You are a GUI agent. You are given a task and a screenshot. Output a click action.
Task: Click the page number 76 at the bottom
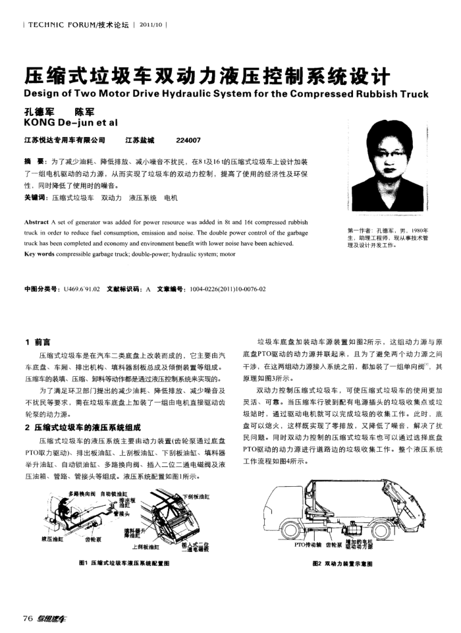pos(28,618)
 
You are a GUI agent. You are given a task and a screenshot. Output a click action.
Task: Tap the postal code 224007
pos(188,139)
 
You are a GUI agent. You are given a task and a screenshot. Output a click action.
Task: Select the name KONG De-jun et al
pos(70,122)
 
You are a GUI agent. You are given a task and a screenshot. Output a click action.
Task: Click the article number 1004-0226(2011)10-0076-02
pos(228,289)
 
